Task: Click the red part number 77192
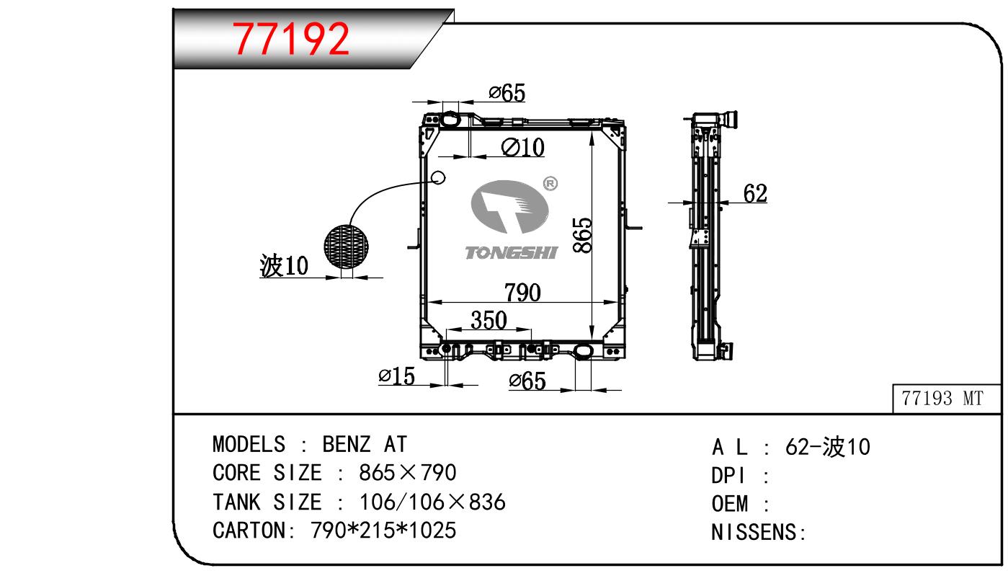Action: pos(290,39)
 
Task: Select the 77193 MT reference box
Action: pos(946,399)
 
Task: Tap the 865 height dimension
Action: pos(583,235)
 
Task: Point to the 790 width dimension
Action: pos(522,293)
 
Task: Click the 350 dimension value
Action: pos(489,321)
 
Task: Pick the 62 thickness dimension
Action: pos(755,193)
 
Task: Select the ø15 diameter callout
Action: pos(396,376)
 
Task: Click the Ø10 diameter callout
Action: pos(523,147)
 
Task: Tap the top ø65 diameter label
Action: pos(507,93)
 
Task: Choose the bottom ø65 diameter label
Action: pos(527,381)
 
